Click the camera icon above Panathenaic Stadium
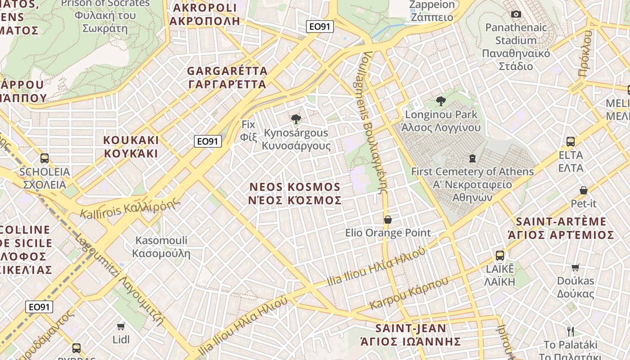pyautogui.click(x=516, y=14)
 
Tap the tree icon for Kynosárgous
pyautogui.click(x=296, y=119)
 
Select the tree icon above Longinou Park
pyautogui.click(x=441, y=101)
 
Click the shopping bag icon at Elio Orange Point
pyautogui.click(x=387, y=220)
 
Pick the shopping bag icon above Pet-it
pyautogui.click(x=584, y=190)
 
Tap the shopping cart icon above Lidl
pyautogui.click(x=121, y=326)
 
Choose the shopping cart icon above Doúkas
pyautogui.click(x=575, y=268)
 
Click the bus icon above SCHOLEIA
pyautogui.click(x=45, y=158)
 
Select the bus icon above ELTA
pyautogui.click(x=571, y=142)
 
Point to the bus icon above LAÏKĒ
pyautogui.click(x=499, y=256)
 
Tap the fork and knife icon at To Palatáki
pyautogui.click(x=571, y=332)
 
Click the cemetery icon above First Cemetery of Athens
pyautogui.click(x=472, y=158)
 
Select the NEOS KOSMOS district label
pyautogui.click(x=295, y=193)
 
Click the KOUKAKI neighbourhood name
pyautogui.click(x=131, y=147)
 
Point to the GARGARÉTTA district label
pyautogui.click(x=227, y=77)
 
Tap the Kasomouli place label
pyautogui.click(x=161, y=247)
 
